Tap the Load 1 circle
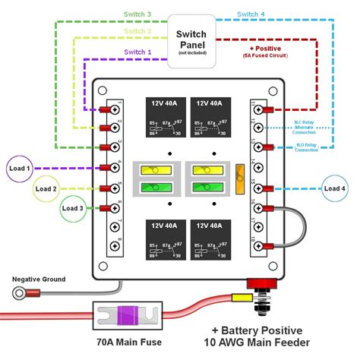[x=18, y=169]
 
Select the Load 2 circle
[x=46, y=188]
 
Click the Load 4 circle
[x=334, y=188]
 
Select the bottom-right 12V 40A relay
[x=210, y=237]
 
